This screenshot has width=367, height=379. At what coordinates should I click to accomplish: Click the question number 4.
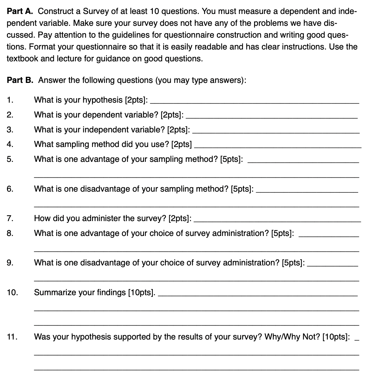pos(10,144)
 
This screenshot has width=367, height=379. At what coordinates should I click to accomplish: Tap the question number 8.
pos(10,233)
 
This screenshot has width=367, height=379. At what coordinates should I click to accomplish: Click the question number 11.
pos(12,337)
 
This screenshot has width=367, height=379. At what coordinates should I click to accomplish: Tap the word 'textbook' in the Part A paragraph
pos(22,59)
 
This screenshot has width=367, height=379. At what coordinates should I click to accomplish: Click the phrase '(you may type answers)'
pos(201,80)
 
